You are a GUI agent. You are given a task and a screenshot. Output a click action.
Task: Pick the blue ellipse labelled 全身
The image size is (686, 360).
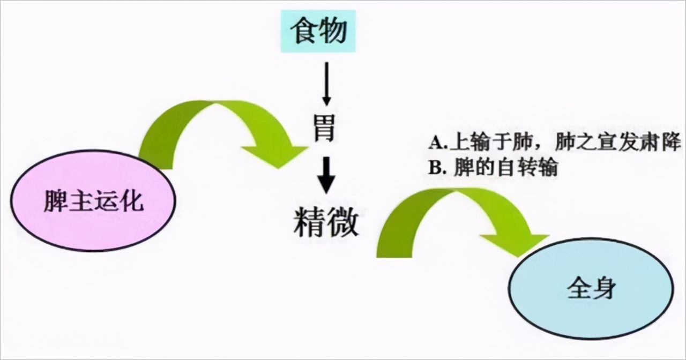(x=591, y=289)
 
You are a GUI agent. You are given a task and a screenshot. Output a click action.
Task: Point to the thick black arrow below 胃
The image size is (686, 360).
(x=326, y=175)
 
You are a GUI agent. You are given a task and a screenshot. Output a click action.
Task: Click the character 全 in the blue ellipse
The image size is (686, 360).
(x=578, y=289)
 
